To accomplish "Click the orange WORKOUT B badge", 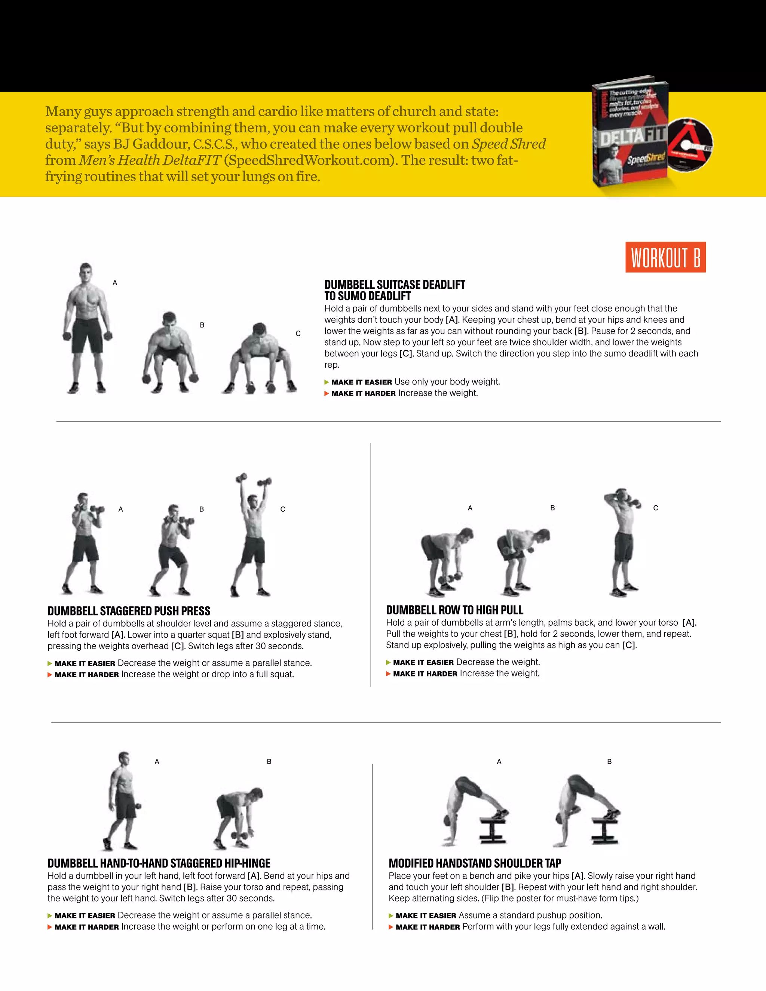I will [x=665, y=257].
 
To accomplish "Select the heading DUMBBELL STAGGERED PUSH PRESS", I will [x=129, y=611].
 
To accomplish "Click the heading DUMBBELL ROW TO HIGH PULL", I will [x=454, y=610].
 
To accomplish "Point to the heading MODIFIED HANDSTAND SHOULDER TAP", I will [x=475, y=863].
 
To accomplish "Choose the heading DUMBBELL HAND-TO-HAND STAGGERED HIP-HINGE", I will [x=159, y=863].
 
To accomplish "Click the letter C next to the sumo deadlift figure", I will [x=298, y=334].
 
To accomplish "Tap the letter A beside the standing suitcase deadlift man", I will [x=115, y=283].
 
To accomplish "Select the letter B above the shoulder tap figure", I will [x=609, y=761].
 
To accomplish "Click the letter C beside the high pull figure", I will [x=655, y=508].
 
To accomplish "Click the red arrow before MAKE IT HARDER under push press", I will [x=50, y=675].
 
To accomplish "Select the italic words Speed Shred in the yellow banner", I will [x=509, y=144].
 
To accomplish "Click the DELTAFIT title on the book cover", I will [x=632, y=136].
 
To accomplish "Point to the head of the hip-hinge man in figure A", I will [x=124, y=759].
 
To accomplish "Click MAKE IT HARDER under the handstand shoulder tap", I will [x=428, y=927].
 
